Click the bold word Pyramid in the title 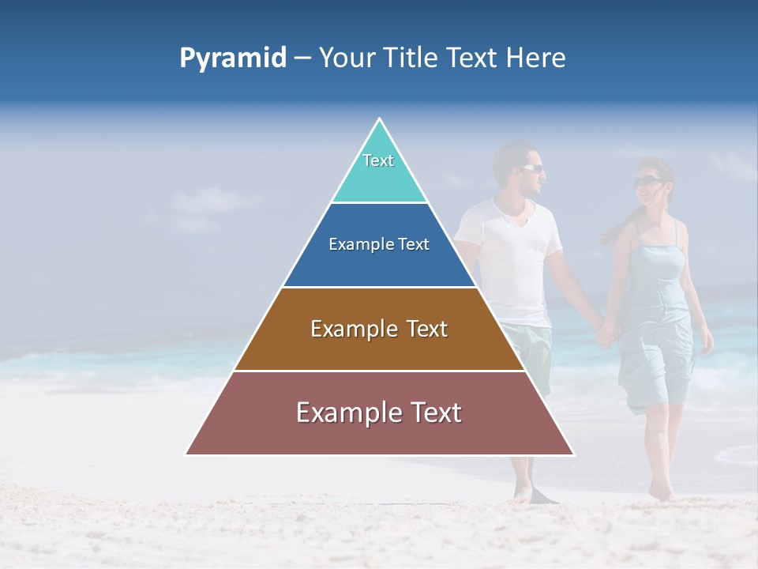click(233, 58)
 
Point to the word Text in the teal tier click(378, 160)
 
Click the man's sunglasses click(531, 168)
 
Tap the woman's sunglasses click(647, 182)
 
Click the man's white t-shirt click(513, 253)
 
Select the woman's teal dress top click(657, 261)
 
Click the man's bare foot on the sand click(523, 493)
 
